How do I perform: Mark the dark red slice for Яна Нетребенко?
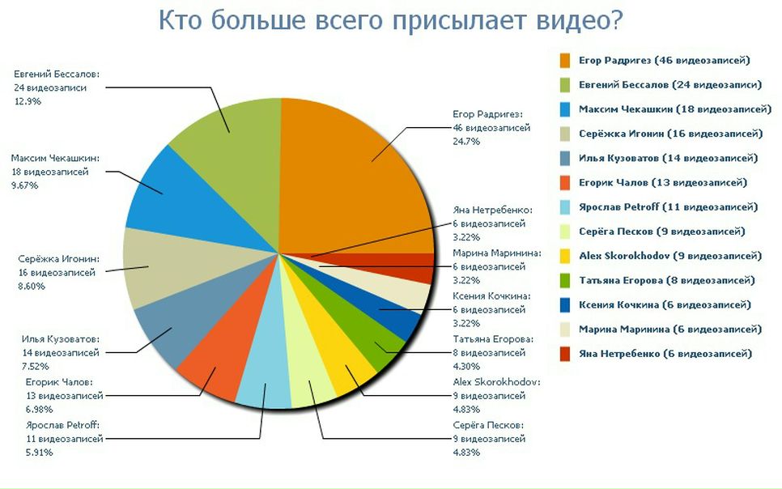coord(399,265)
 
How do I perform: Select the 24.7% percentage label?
coord(466,142)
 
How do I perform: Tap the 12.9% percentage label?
coord(28,101)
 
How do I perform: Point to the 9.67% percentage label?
coord(24,185)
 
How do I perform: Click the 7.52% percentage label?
coord(36,366)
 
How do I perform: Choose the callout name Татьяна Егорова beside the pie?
coord(493,339)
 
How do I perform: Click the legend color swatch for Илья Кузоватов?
coord(564,158)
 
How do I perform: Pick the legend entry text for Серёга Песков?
coord(662,232)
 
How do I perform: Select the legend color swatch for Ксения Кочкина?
coord(564,305)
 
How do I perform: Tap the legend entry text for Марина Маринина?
coord(670,330)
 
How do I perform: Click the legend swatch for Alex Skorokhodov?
coord(564,256)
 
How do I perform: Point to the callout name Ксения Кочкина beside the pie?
coord(491,296)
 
